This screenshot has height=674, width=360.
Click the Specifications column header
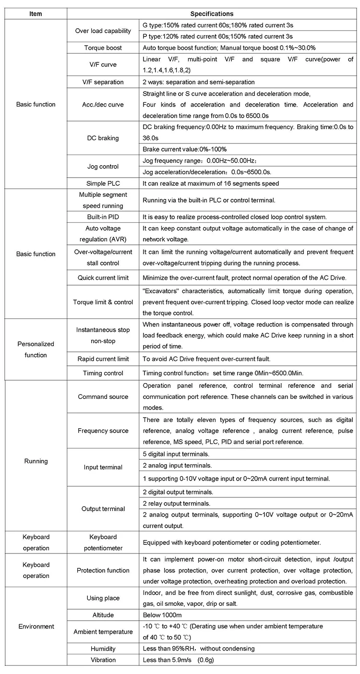click(x=212, y=14)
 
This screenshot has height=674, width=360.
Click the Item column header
click(x=36, y=14)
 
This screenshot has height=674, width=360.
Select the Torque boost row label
click(x=103, y=48)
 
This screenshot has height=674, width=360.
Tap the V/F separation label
click(x=103, y=82)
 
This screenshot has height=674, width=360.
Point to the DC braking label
click(x=103, y=138)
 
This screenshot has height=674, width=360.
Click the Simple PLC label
click(x=103, y=183)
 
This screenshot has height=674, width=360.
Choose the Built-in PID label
click(x=103, y=217)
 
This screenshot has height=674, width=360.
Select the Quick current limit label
click(x=103, y=278)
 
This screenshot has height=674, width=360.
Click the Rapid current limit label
click(x=103, y=359)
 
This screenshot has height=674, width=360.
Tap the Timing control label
click(x=103, y=373)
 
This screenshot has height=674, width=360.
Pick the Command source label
click(x=103, y=397)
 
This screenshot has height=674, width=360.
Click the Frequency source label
click(x=103, y=431)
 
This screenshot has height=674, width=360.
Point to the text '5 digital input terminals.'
click(x=176, y=454)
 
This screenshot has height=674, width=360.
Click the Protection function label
click(x=103, y=570)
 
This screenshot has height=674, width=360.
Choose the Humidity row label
click(x=103, y=649)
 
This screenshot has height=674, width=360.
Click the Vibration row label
click(x=103, y=660)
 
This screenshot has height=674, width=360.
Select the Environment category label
click(x=36, y=626)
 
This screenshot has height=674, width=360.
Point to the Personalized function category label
click(x=36, y=349)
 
